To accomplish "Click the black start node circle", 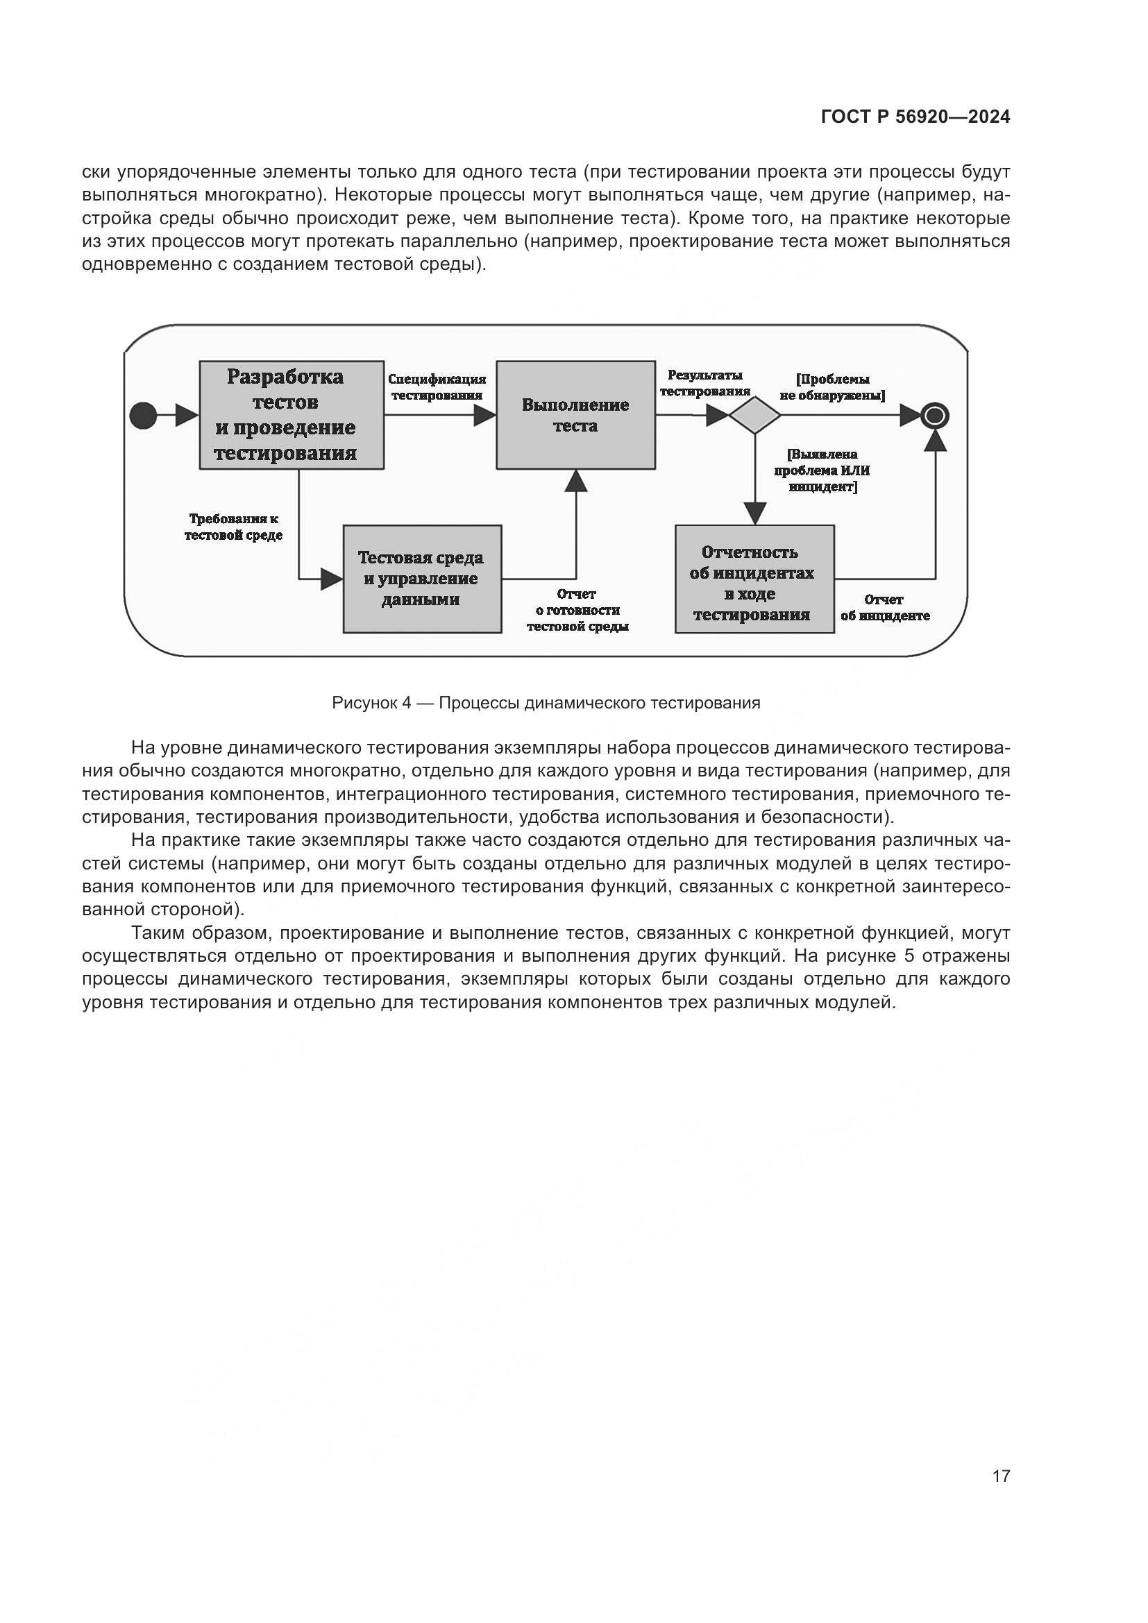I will point(144,415).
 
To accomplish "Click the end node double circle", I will point(934,416).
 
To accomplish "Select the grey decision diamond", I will point(754,415).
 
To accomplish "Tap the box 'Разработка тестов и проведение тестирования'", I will point(292,415).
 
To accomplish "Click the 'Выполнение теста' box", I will point(575,415).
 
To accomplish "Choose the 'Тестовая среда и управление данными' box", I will point(422,578).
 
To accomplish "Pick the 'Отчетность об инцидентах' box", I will point(754,578).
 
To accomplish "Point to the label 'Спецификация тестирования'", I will point(437,387).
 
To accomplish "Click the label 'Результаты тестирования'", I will point(704,383).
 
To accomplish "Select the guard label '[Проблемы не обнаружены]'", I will point(832,387).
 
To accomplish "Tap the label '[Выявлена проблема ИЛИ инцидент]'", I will point(822,470).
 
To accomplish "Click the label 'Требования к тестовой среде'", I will point(233,527).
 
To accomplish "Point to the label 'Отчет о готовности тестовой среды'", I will point(577,610).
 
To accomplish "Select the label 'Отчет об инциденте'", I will point(884,607).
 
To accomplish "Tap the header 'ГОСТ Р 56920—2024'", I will point(915,117).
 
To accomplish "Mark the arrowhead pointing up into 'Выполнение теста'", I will point(576,480).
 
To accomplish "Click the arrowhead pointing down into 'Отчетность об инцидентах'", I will point(755,513).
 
